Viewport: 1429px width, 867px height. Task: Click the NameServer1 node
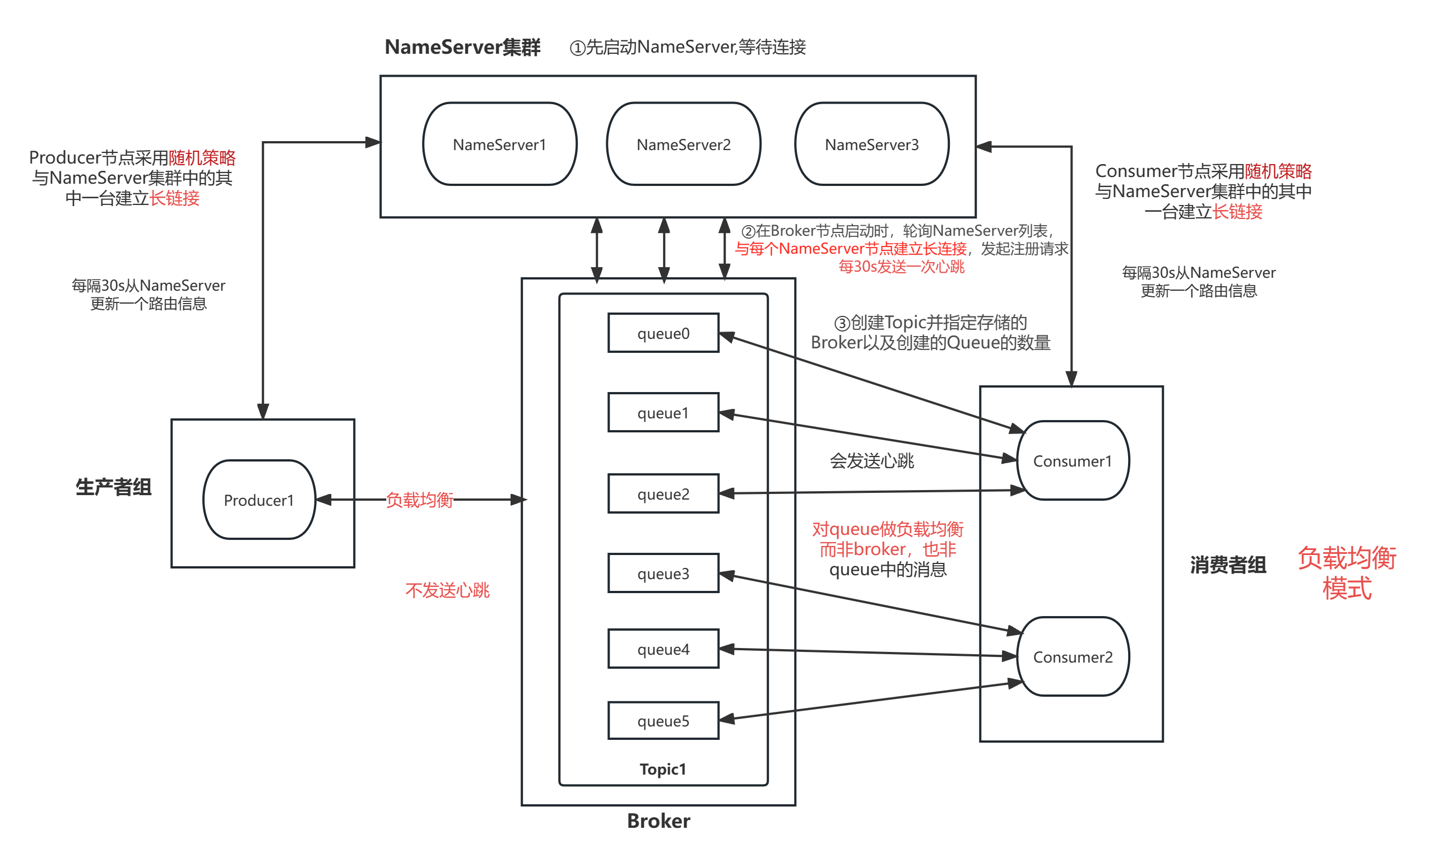(499, 144)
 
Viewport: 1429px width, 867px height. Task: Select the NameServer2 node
(683, 144)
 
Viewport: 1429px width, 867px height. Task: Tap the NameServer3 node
(871, 144)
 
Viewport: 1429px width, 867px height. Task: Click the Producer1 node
(259, 500)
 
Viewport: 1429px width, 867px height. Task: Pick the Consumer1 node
(1073, 461)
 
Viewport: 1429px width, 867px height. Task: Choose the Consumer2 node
(1073, 656)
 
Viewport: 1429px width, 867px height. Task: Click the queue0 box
(663, 333)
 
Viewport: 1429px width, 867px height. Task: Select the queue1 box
(663, 413)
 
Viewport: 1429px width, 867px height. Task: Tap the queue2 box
(663, 494)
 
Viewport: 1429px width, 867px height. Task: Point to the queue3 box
(663, 573)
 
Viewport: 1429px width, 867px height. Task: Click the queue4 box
(663, 649)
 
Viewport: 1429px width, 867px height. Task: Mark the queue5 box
(663, 720)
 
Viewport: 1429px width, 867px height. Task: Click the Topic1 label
(662, 769)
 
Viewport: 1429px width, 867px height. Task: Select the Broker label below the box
(659, 821)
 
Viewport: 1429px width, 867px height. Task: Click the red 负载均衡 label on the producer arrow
(419, 500)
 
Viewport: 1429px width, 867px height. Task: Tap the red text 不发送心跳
(447, 590)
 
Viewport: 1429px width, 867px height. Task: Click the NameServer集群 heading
(462, 47)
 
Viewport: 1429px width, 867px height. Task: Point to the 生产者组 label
(114, 487)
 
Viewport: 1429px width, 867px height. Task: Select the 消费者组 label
(1228, 564)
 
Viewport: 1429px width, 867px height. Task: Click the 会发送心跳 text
(871, 461)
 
